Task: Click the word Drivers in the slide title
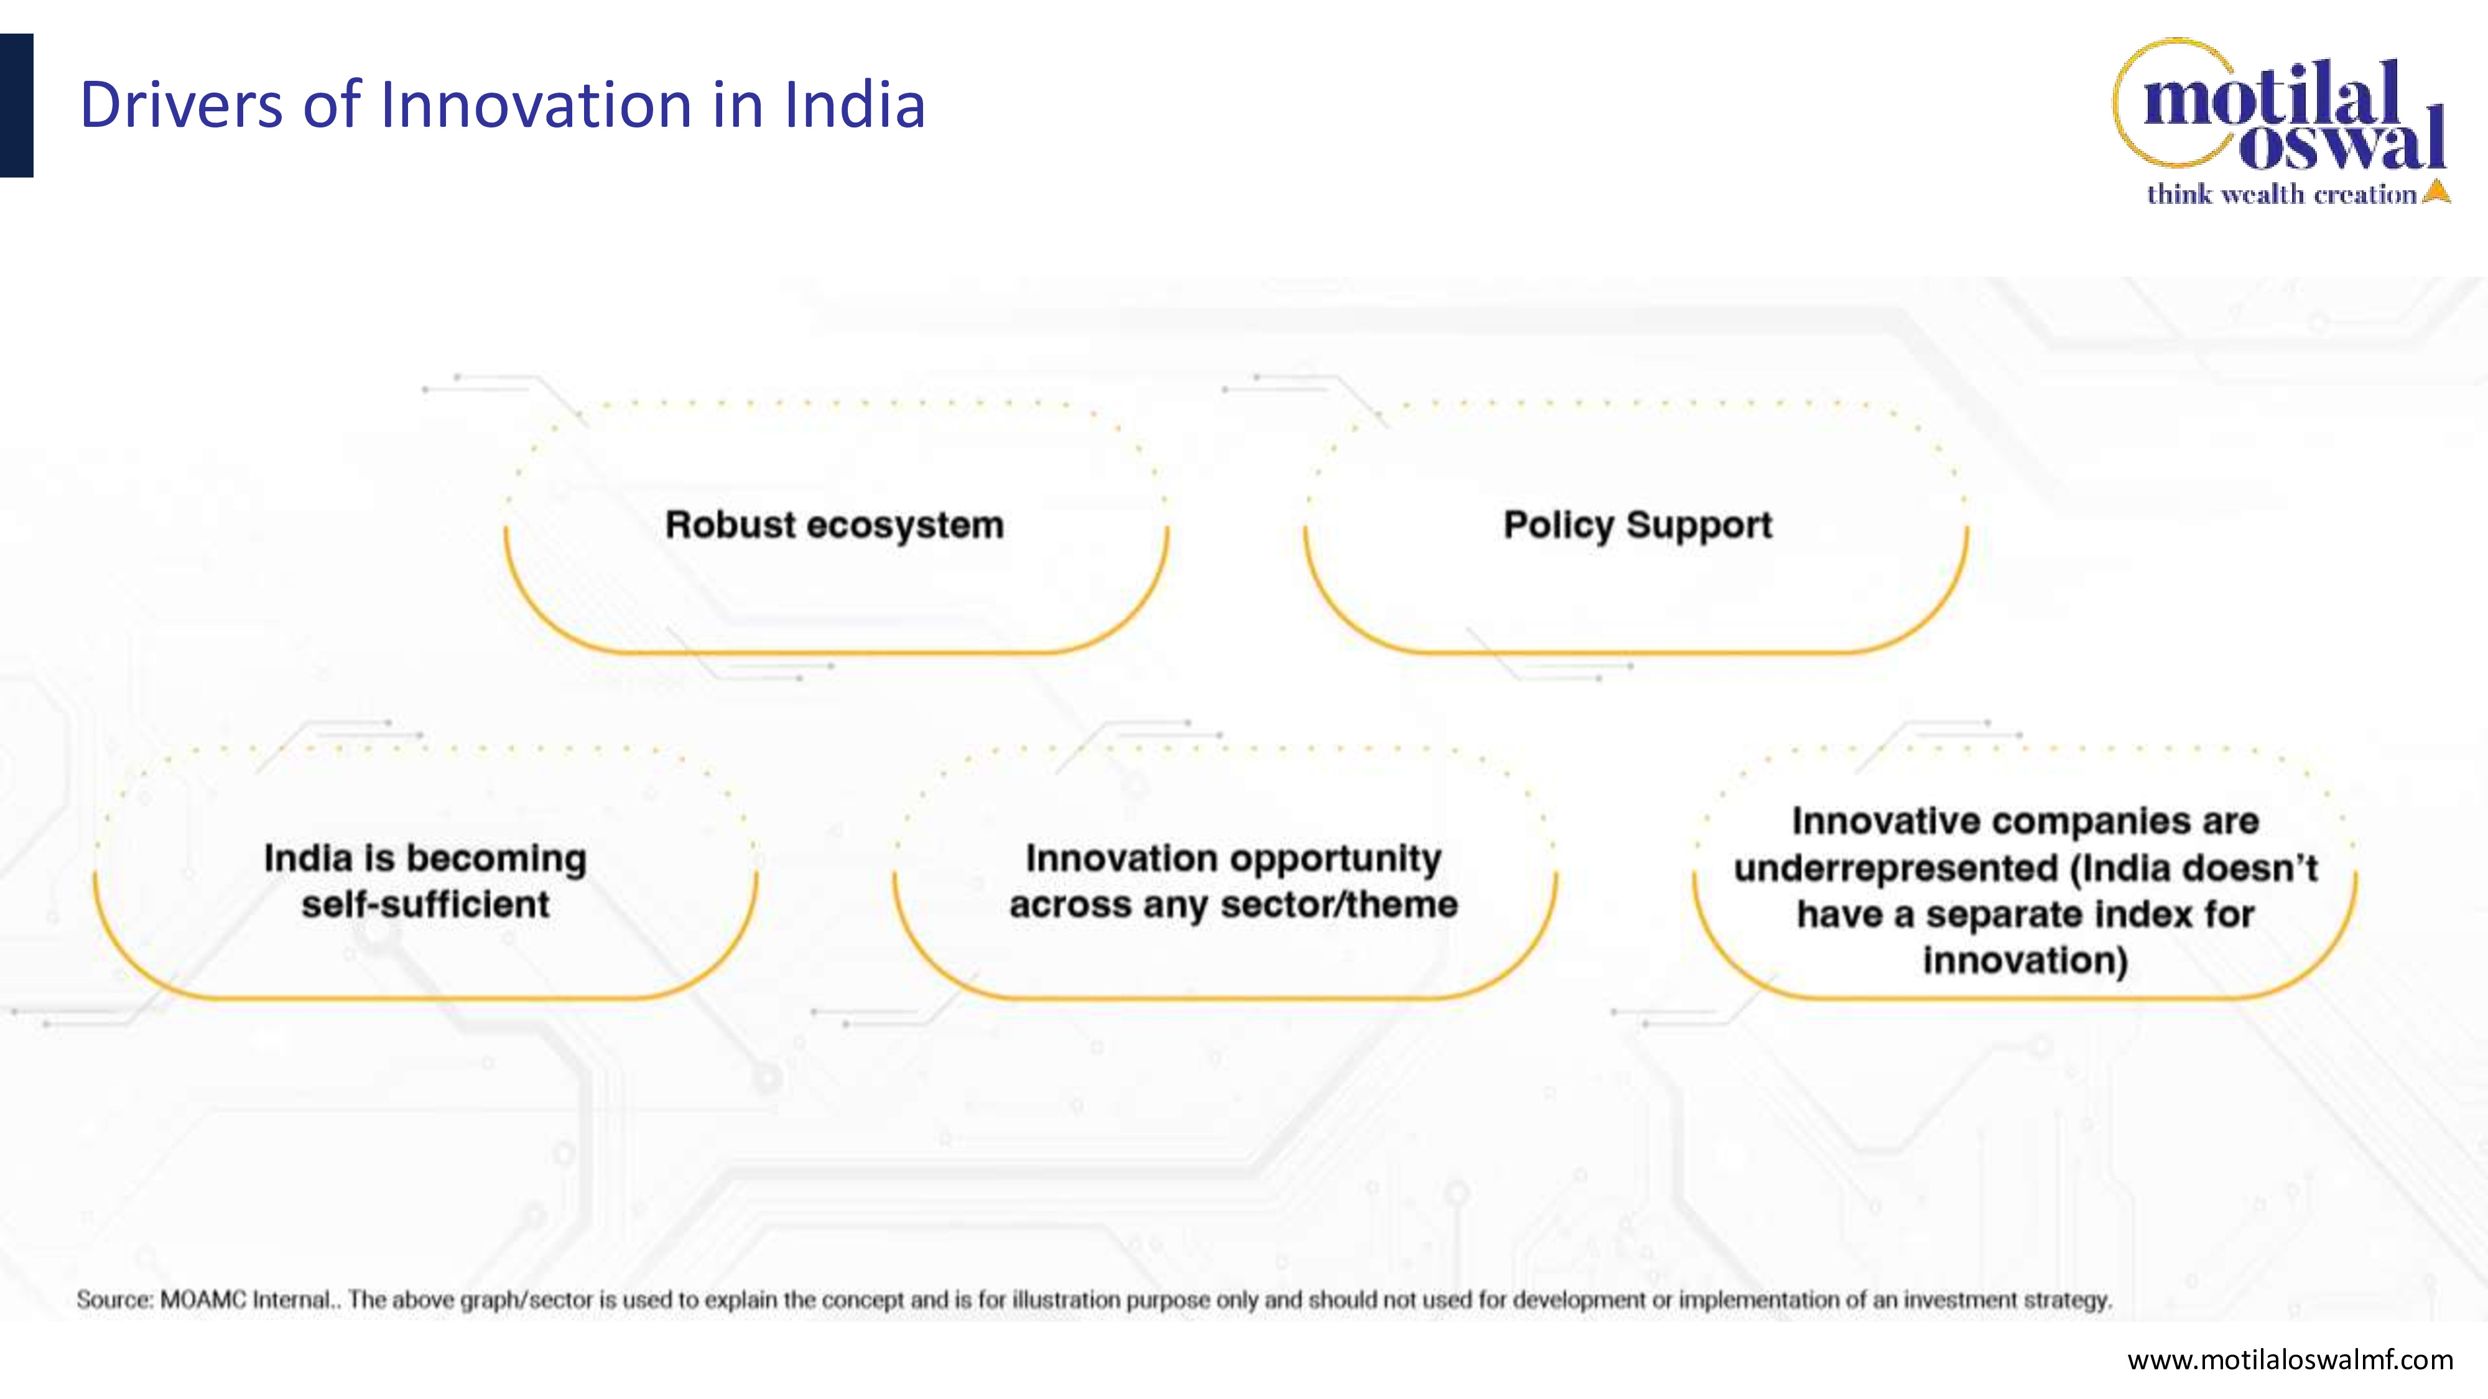(180, 104)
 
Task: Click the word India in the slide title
(854, 104)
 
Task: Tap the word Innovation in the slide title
(536, 104)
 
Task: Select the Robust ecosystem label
(835, 525)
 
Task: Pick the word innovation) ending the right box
(2025, 961)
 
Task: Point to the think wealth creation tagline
(2281, 194)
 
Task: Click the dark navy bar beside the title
(16, 105)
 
